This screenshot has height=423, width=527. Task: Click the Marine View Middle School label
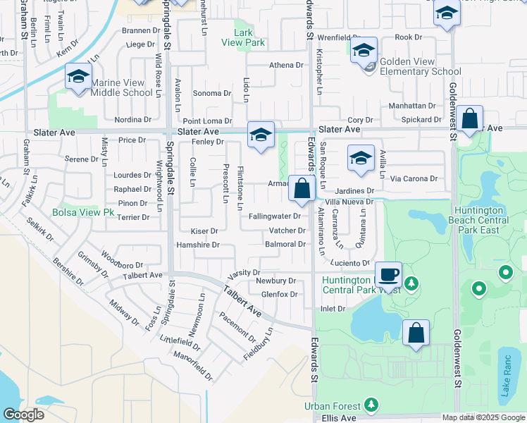121,87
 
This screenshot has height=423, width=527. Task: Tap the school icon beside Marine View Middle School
78,75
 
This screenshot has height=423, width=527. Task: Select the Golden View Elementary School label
420,66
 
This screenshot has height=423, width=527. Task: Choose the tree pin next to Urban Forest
371,405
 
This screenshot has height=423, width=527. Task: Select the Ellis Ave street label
338,418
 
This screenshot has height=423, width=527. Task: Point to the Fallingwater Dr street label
275,216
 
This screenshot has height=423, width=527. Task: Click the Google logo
23,415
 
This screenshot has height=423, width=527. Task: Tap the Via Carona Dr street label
414,178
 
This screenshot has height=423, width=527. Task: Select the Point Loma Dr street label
207,121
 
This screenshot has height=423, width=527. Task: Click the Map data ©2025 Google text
483,417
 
